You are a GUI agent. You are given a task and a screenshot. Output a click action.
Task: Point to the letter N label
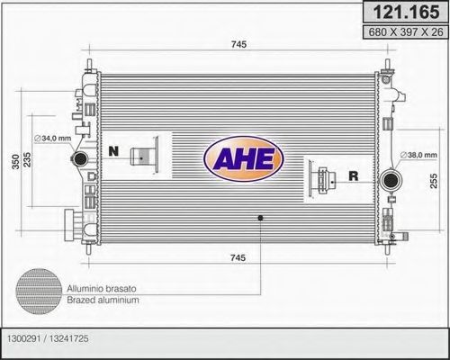113,150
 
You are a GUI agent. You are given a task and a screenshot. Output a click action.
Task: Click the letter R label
353,176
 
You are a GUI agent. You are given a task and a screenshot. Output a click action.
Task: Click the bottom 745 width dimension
237,258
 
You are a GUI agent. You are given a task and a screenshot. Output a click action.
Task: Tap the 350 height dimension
13,159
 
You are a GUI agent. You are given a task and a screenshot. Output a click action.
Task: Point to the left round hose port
79,159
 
